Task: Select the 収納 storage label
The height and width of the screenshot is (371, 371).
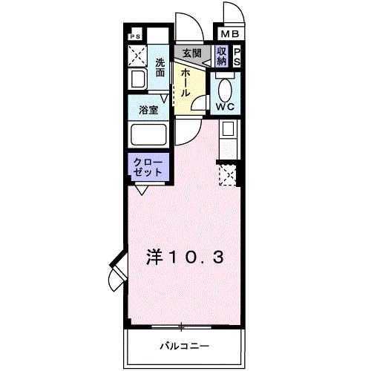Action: point(222,56)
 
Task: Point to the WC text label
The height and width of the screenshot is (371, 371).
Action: point(225,108)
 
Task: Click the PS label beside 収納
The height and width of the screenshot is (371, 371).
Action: point(237,56)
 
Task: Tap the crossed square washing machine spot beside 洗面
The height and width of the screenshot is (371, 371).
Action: point(137,55)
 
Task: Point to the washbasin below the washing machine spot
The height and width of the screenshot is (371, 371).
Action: point(137,80)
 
